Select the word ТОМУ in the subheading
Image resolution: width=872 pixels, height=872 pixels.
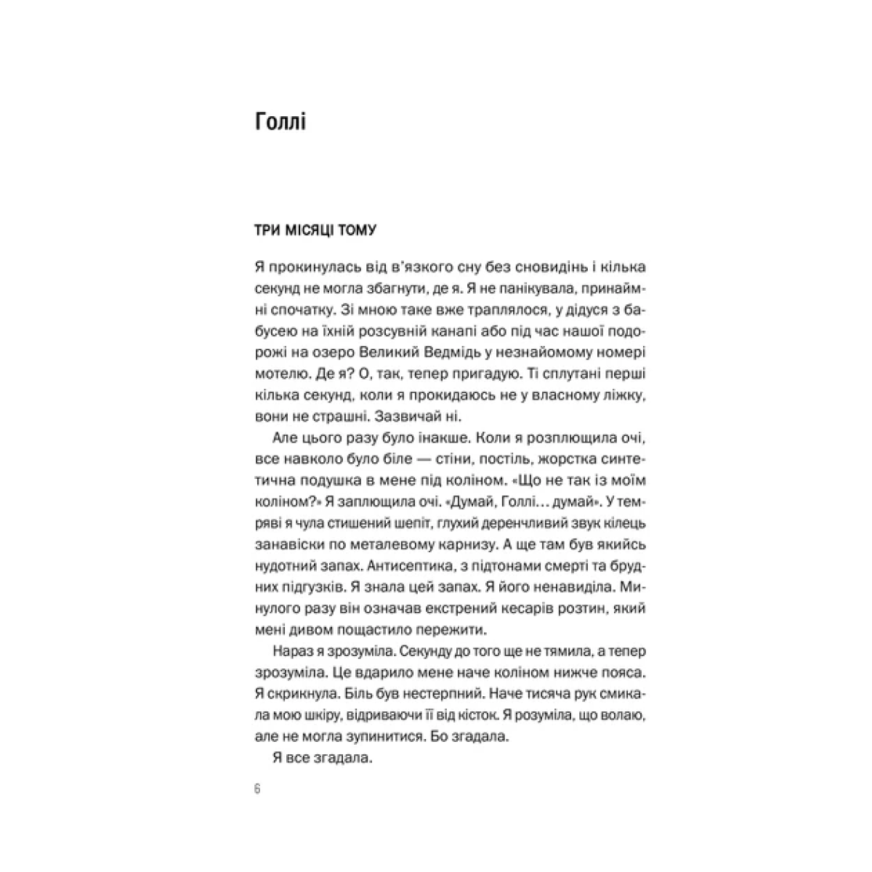pos(356,231)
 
